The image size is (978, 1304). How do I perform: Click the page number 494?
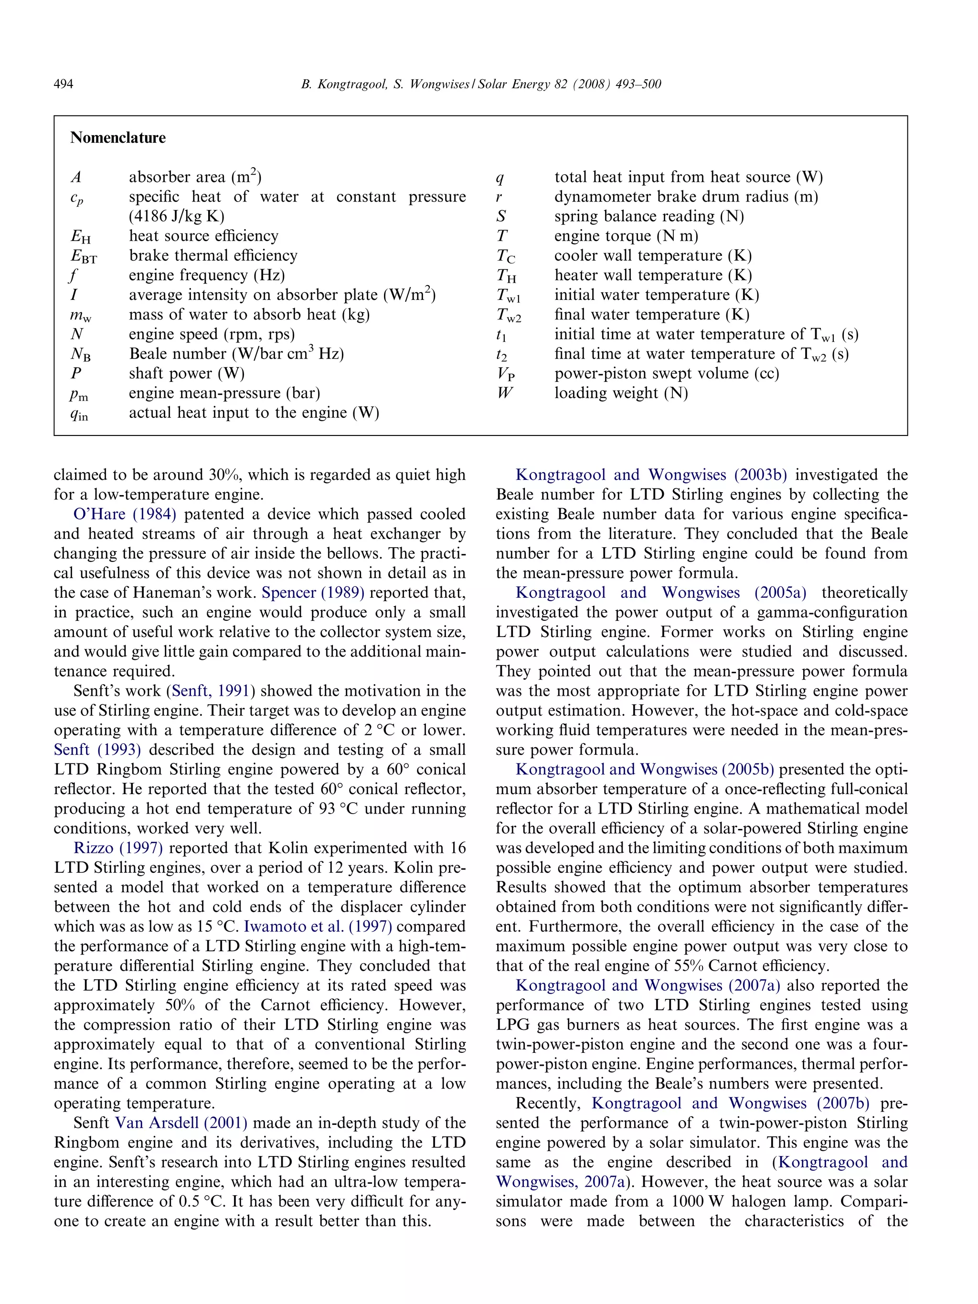point(63,85)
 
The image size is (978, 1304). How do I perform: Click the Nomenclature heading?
point(118,138)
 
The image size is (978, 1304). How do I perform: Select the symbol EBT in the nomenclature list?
point(84,256)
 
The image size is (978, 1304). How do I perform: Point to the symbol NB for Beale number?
point(81,355)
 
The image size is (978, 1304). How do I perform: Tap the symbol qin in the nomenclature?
point(79,414)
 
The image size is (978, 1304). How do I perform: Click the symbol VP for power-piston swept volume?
point(505,374)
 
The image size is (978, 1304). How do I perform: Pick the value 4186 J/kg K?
point(176,216)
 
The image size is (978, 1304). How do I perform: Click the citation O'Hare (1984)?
point(124,514)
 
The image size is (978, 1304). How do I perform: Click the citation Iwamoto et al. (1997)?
point(318,926)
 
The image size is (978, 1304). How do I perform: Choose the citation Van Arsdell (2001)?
point(181,1123)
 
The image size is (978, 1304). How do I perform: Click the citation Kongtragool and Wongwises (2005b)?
point(644,769)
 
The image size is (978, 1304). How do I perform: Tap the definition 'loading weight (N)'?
point(621,393)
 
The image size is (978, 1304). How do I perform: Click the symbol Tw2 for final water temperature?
point(508,316)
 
